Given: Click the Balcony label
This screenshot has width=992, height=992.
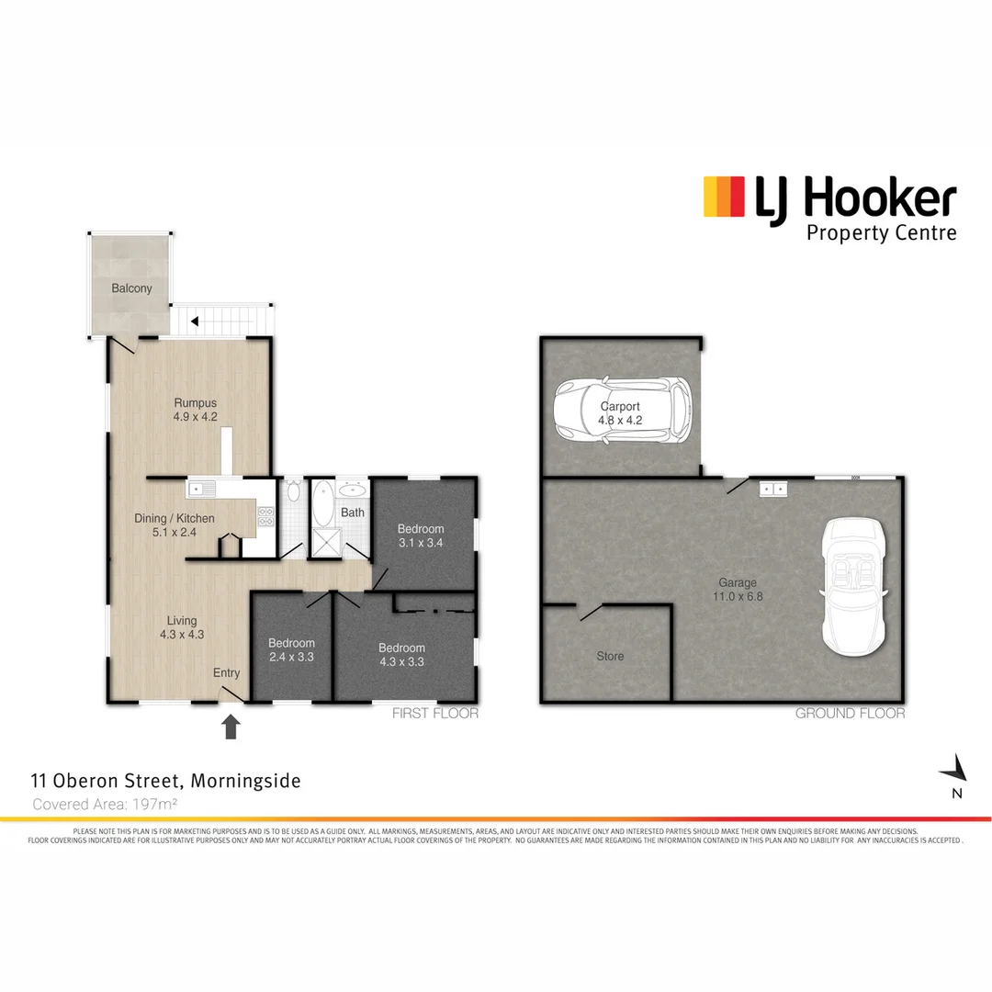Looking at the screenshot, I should coord(131,288).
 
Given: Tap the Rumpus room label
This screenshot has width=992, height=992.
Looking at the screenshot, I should coord(195,402).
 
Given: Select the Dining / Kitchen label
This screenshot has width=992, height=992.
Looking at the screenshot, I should coord(175,519).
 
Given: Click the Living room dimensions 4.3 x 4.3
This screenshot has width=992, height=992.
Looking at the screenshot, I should coord(182,635).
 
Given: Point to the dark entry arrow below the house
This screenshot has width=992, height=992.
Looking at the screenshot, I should coord(231,727).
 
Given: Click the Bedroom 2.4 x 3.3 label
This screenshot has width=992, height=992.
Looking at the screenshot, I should coord(291,643).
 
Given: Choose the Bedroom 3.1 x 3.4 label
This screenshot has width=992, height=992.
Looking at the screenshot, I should coord(421,529).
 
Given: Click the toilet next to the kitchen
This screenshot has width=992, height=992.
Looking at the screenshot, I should coord(293,491).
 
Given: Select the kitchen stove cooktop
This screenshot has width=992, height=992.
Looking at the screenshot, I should coord(266,516).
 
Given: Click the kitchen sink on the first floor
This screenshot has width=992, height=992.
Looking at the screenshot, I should coord(201,488).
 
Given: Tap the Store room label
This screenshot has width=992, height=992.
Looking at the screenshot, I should coord(610,656).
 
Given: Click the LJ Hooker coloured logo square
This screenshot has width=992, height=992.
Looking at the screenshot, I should coord(723,197).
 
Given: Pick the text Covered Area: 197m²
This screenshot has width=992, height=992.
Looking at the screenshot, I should coord(105,804).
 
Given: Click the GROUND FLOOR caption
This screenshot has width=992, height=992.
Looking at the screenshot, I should coord(850,714).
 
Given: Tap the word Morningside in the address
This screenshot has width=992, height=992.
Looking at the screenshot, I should coord(247,782).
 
